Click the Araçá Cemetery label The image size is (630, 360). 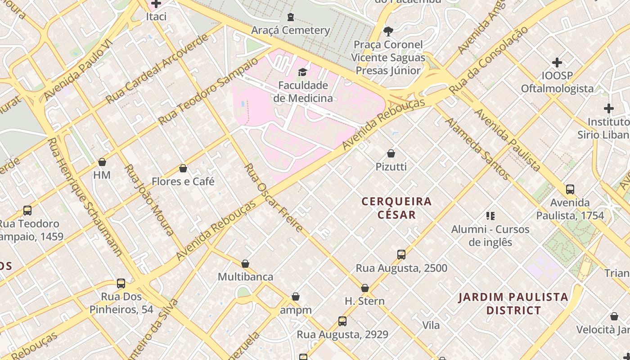[290, 30]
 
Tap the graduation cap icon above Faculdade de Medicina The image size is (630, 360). [302, 72]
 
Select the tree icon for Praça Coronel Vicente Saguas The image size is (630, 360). [387, 31]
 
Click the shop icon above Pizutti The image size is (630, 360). [391, 153]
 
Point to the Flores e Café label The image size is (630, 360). [183, 181]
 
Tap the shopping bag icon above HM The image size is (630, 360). [102, 162]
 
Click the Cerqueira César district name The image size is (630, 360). [396, 207]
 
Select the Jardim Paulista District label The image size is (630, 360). [513, 303]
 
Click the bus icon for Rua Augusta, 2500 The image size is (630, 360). [401, 255]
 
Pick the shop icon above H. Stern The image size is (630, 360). [365, 288]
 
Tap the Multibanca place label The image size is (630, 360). [245, 277]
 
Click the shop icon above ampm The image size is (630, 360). [296, 297]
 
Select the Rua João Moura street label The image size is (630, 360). [149, 200]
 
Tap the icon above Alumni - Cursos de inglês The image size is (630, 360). [490, 216]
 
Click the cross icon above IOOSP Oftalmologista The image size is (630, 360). [557, 63]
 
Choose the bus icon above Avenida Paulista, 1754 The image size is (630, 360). [570, 189]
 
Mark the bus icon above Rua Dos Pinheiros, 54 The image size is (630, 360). [121, 283]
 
